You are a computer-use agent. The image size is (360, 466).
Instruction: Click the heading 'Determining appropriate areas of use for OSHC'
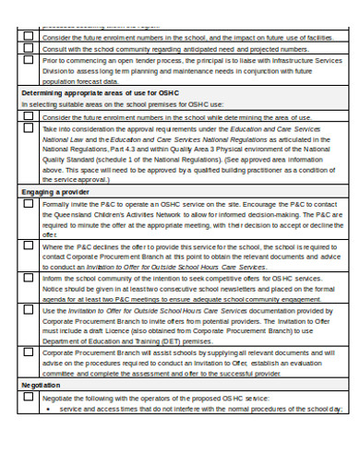(99, 94)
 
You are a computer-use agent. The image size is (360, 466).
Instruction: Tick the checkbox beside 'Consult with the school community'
(29, 48)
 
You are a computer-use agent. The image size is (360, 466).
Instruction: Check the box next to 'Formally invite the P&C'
(29, 204)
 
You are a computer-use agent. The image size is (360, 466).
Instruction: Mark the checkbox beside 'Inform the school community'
(29, 278)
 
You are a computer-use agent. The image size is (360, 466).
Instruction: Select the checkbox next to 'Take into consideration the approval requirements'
(29, 130)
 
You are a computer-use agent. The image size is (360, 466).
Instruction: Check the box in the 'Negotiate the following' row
(29, 397)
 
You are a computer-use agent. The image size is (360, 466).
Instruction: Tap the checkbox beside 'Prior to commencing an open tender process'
(29, 60)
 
